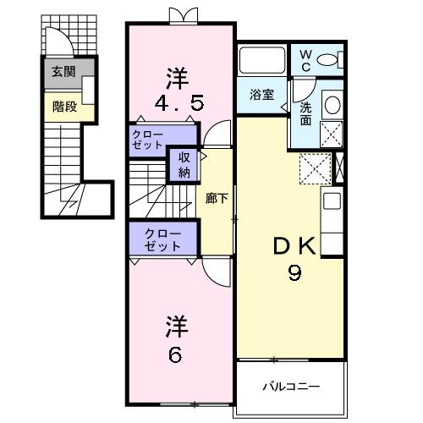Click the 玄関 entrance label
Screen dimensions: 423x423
pyautogui.click(x=61, y=71)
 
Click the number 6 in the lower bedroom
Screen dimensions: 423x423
pyautogui.click(x=175, y=354)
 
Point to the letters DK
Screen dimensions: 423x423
pyautogui.click(x=294, y=246)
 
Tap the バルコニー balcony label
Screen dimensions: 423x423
pyautogui.click(x=290, y=387)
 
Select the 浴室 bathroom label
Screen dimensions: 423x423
pyautogui.click(x=261, y=95)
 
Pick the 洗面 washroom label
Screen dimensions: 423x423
pyautogui.click(x=305, y=113)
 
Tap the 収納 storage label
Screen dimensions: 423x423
pyautogui.click(x=184, y=164)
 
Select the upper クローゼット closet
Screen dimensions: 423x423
pyautogui.click(x=149, y=140)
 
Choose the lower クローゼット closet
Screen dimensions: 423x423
pyautogui.click(x=162, y=239)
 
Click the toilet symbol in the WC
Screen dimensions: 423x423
pyautogui.click(x=333, y=59)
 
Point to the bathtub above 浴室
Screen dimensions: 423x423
pyautogui.click(x=263, y=61)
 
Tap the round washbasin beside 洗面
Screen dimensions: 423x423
pyautogui.click(x=333, y=106)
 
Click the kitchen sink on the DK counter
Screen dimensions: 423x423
pyautogui.click(x=332, y=204)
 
